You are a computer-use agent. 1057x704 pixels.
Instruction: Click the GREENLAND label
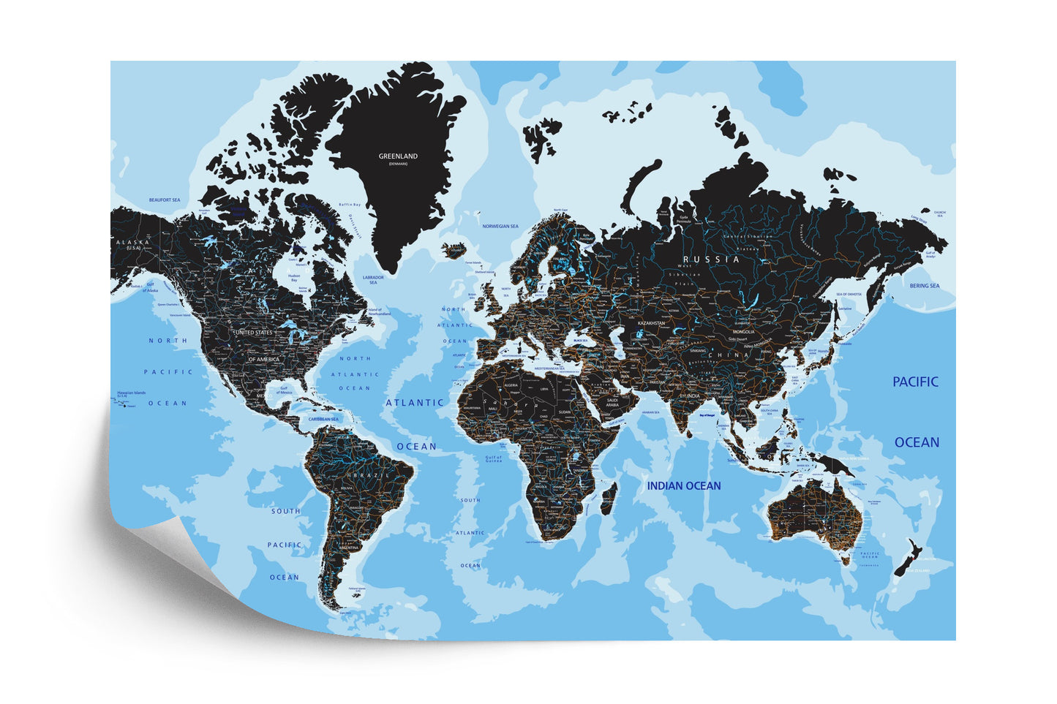398,156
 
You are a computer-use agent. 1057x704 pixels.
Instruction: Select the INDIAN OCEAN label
683,485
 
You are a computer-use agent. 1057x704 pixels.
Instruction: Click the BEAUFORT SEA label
165,200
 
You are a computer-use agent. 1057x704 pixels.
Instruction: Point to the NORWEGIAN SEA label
500,227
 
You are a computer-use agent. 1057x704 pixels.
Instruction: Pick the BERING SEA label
925,286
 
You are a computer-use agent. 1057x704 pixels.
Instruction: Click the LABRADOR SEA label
373,280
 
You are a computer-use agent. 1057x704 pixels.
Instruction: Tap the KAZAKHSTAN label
651,322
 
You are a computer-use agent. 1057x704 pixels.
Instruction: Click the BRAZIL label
364,474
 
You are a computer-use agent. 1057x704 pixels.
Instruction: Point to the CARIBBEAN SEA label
323,420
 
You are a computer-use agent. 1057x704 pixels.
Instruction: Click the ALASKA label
133,242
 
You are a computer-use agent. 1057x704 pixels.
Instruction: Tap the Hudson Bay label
294,277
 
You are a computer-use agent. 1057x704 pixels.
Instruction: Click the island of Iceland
454,249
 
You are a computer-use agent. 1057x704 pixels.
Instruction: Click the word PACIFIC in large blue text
915,382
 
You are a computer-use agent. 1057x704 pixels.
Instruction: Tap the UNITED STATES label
253,333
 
